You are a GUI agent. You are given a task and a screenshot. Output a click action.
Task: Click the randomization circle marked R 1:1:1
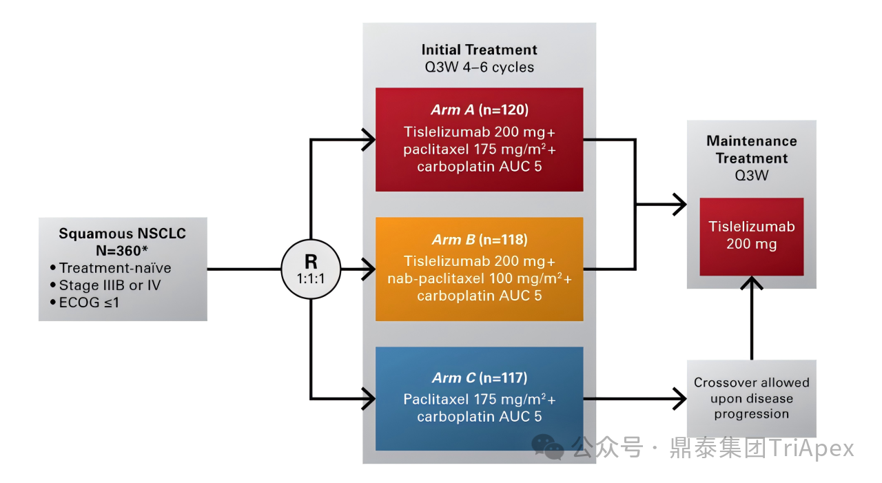pyautogui.click(x=311, y=269)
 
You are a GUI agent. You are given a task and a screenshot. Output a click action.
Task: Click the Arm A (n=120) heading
pyautogui.click(x=479, y=110)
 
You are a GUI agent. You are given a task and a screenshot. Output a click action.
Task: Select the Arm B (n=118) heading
pyautogui.click(x=479, y=239)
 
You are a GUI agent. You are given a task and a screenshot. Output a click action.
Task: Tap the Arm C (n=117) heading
pyautogui.click(x=479, y=378)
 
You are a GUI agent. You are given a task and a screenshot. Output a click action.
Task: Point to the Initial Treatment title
pyautogui.click(x=479, y=50)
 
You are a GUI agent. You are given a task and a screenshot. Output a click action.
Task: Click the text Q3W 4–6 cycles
pyautogui.click(x=479, y=68)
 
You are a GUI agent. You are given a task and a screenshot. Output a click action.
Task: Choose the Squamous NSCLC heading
pyautogui.click(x=123, y=234)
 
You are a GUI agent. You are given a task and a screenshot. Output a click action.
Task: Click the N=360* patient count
pyautogui.click(x=122, y=251)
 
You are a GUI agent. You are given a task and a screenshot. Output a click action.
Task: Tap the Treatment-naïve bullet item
pyautogui.click(x=111, y=268)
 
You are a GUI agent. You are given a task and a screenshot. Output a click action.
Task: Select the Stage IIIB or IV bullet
pyautogui.click(x=105, y=285)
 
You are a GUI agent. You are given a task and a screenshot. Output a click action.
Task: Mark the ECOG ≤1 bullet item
pyautogui.click(x=85, y=302)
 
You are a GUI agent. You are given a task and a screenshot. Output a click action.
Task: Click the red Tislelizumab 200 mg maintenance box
pyautogui.click(x=751, y=236)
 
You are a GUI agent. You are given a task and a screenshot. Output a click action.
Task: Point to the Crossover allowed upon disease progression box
pyautogui.click(x=751, y=398)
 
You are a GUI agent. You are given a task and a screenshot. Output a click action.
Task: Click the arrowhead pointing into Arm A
pyautogui.click(x=369, y=140)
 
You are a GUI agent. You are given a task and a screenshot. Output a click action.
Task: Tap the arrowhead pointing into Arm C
pyautogui.click(x=369, y=399)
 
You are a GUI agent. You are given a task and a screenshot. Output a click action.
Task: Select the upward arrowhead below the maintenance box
pyautogui.click(x=751, y=282)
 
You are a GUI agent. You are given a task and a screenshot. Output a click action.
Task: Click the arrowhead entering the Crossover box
pyautogui.click(x=680, y=399)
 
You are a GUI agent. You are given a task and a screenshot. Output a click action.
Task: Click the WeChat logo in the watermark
pyautogui.click(x=547, y=447)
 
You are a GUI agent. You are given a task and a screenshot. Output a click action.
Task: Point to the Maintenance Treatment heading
pyautogui.click(x=751, y=150)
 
